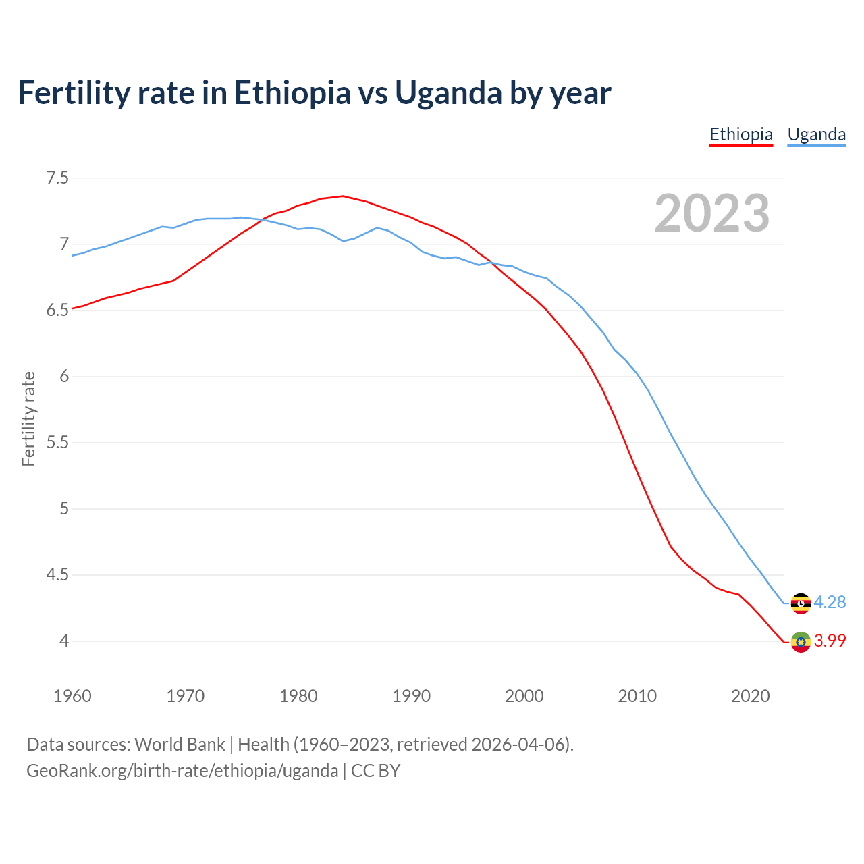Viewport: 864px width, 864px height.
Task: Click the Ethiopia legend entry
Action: (740, 134)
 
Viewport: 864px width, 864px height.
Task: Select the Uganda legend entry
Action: (816, 134)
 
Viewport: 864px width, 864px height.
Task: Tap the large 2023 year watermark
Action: (711, 213)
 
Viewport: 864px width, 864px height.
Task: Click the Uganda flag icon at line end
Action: (801, 603)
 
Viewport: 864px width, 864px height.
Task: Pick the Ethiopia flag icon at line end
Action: (801, 641)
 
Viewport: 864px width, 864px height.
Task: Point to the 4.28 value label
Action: (830, 602)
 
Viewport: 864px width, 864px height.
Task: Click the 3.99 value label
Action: (830, 641)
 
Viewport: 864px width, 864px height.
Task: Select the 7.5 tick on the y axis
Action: (57, 178)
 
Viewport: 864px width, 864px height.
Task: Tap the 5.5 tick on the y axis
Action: (57, 443)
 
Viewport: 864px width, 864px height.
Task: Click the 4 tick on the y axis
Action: (64, 641)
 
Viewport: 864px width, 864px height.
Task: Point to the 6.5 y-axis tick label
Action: (57, 310)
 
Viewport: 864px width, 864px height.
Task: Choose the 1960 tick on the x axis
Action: (72, 696)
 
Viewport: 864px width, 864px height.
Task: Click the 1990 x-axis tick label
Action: (411, 696)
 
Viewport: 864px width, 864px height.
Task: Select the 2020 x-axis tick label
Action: (750, 696)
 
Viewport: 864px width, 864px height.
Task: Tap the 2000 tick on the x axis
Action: (524, 696)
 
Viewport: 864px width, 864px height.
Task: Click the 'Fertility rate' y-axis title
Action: (28, 418)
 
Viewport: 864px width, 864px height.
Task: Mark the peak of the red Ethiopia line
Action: (343, 196)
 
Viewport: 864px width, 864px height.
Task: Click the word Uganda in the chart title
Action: (448, 93)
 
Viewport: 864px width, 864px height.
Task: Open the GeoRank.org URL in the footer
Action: (182, 770)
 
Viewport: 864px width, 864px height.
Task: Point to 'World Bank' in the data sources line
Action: (180, 744)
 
